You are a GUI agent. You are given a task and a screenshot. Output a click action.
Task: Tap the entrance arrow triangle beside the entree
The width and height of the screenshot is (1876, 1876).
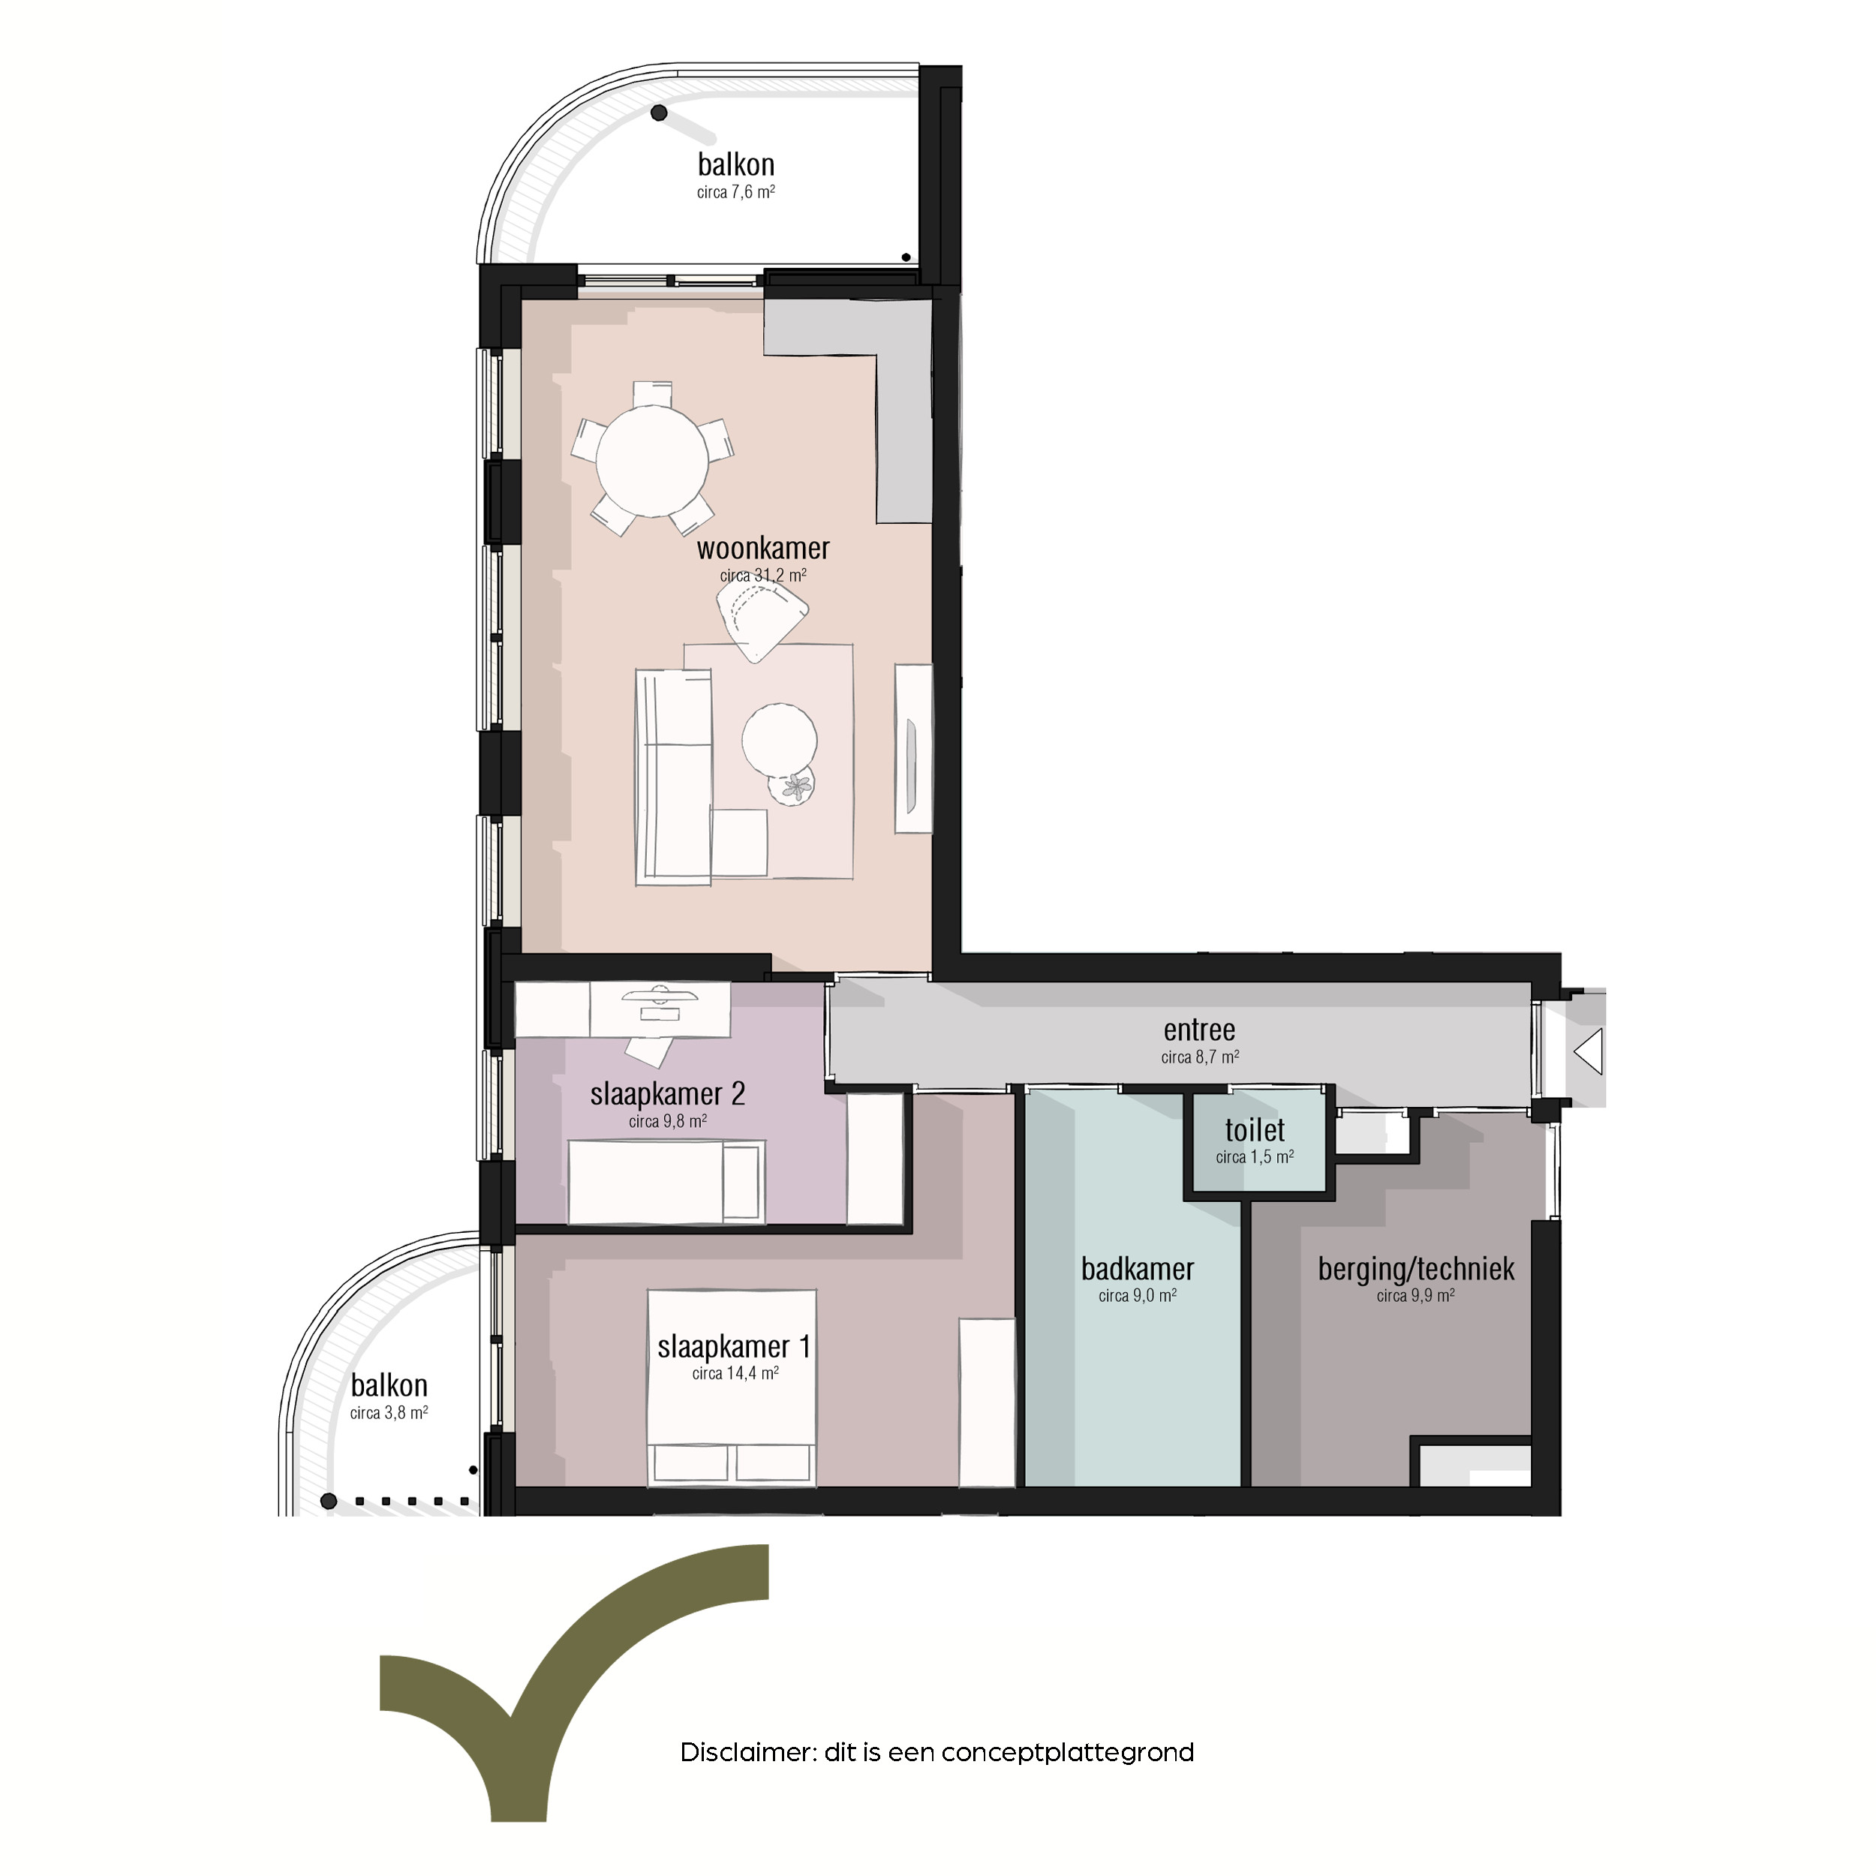point(1589,1051)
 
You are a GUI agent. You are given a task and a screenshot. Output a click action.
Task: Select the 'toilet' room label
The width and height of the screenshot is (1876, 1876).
point(1255,1130)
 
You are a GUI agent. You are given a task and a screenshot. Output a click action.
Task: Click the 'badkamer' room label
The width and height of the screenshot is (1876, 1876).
point(1137,1269)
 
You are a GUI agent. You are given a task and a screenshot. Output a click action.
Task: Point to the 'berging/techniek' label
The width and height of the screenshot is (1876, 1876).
point(1416,1269)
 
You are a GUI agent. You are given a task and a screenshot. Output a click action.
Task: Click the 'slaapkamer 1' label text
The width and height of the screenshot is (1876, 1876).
point(734,1347)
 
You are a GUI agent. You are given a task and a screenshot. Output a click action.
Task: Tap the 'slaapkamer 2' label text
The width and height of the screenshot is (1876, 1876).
point(668,1094)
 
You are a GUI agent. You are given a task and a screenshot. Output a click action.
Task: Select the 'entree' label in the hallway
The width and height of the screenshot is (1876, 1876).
point(1199,1030)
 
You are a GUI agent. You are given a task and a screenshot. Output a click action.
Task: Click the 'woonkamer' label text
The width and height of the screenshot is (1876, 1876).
point(763,548)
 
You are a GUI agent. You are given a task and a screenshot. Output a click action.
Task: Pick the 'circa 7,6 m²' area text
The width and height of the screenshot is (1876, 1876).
point(736,192)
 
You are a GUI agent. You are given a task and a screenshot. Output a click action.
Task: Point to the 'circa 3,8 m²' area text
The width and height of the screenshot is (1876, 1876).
point(389,1413)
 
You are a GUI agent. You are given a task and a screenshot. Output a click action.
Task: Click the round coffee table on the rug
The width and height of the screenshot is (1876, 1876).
point(779,739)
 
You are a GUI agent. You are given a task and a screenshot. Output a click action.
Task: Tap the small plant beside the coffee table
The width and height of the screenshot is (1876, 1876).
point(792,786)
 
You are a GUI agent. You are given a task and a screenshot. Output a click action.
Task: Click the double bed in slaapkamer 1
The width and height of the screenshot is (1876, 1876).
point(732,1387)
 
